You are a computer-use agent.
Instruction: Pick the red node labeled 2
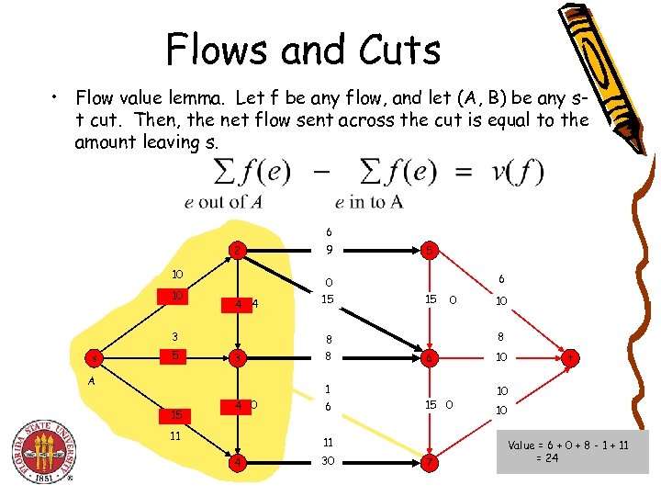pyautogui.click(x=238, y=250)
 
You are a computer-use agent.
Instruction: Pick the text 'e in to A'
pyautogui.click(x=368, y=202)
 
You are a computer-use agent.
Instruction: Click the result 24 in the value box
pyautogui.click(x=550, y=457)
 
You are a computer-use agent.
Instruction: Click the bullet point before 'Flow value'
pyautogui.click(x=56, y=96)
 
